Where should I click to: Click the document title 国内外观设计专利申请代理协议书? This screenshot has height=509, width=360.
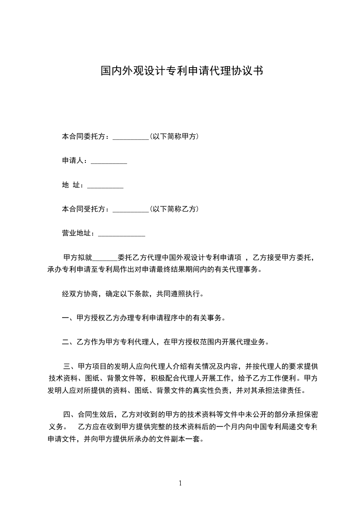(181, 71)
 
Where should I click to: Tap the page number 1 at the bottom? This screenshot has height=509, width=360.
(180, 483)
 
